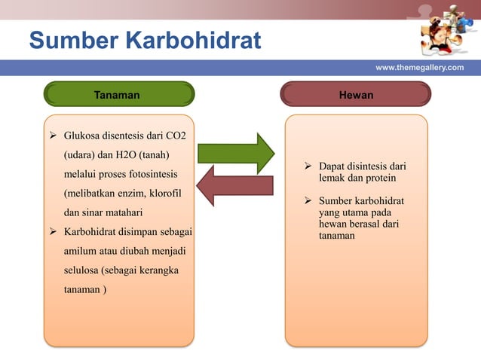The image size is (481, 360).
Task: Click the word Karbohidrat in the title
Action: (193, 41)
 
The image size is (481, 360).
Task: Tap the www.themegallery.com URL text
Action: (420, 68)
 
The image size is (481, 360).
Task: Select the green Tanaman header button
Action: (119, 95)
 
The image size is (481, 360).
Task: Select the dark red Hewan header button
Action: (356, 95)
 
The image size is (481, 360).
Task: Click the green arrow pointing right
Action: (236, 153)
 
